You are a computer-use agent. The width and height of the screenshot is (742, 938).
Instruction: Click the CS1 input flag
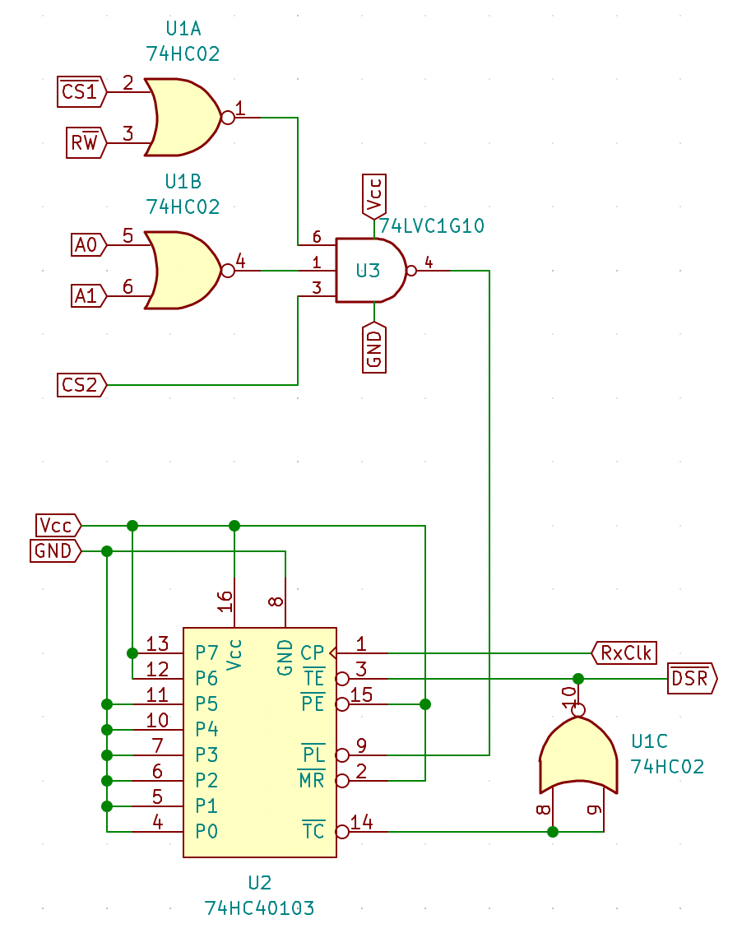(x=82, y=91)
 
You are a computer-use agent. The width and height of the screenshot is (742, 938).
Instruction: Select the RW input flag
(x=86, y=142)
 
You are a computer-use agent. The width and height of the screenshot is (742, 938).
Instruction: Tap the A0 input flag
(x=89, y=245)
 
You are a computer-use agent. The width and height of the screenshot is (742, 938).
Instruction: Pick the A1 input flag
(x=89, y=296)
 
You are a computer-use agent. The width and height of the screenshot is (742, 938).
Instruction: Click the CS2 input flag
(x=82, y=384)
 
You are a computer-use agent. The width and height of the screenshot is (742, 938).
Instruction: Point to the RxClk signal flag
(x=624, y=652)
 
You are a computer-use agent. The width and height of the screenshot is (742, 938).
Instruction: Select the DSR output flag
(x=693, y=678)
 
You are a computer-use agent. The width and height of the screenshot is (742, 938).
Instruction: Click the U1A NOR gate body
(x=183, y=117)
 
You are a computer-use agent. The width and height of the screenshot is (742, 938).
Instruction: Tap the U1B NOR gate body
(x=183, y=271)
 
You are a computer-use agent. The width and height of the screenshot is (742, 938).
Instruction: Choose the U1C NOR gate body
(x=578, y=755)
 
